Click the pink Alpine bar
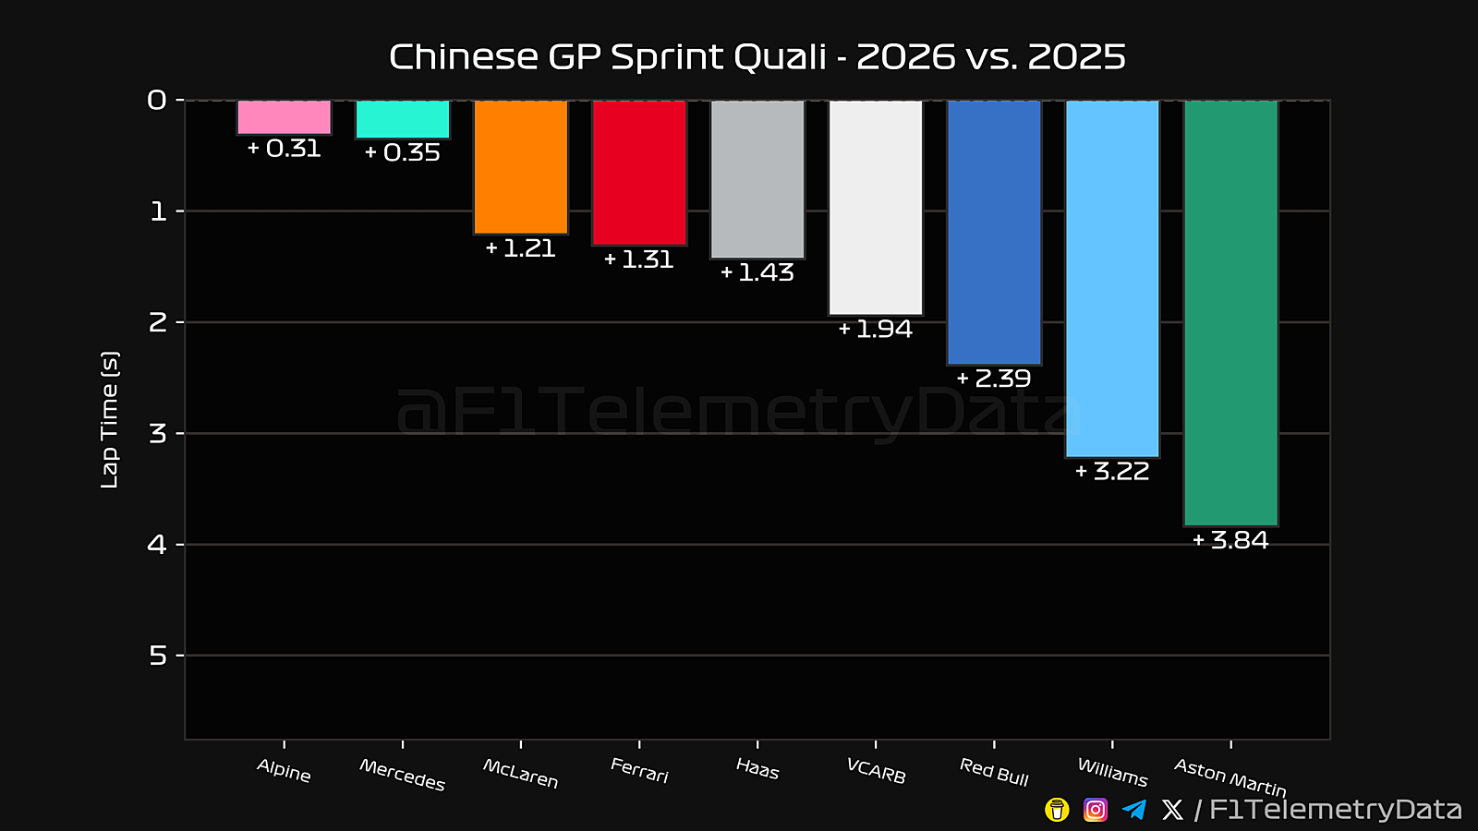tap(284, 117)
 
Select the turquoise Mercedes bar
tap(403, 119)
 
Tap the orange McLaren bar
tap(521, 167)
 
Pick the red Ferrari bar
tap(639, 173)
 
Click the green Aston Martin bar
tap(1230, 313)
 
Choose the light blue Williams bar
tap(1112, 279)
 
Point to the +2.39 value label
tap(994, 379)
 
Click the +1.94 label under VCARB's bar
tap(876, 330)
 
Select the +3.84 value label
tap(1230, 540)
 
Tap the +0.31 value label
tap(284, 149)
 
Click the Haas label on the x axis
tap(757, 769)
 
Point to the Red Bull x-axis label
tap(994, 772)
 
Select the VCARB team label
tap(876, 771)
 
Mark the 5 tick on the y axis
tap(158, 656)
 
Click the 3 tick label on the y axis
tap(158, 434)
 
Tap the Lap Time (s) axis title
tap(110, 419)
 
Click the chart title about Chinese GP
tap(757, 57)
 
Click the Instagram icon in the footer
tap(1096, 810)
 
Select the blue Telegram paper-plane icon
tap(1134, 810)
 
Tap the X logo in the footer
tap(1172, 810)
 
